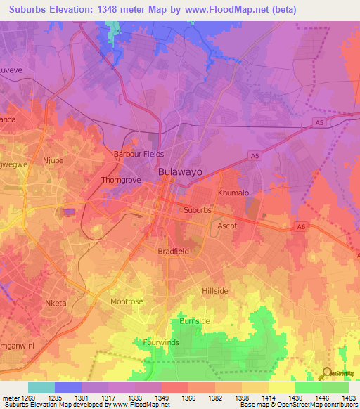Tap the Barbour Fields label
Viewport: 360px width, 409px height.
point(139,154)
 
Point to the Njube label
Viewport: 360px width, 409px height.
point(53,160)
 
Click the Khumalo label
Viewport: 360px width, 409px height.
point(233,193)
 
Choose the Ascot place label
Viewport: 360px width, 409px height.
point(227,226)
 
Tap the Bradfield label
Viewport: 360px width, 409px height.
point(173,251)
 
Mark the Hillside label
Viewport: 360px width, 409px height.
point(215,290)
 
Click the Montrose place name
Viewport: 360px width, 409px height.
point(127,301)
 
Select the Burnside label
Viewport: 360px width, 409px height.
point(194,321)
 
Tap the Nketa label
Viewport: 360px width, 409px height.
point(55,304)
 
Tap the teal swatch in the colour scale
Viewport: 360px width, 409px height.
point(41,387)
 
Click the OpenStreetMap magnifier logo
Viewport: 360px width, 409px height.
point(327,373)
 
